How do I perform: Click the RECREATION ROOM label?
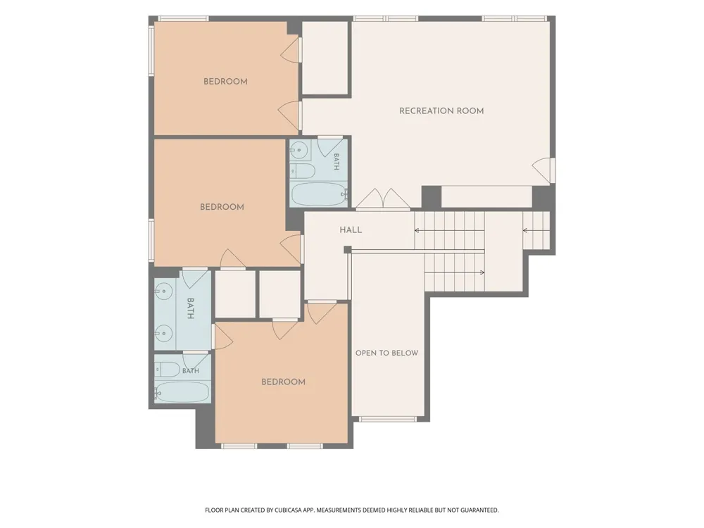pos(441,111)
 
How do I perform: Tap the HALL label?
pos(351,230)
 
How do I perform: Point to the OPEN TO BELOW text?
pos(386,353)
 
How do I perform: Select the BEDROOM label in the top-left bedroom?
pos(225,81)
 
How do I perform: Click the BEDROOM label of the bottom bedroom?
pos(283,382)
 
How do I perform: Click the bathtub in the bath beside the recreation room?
pos(319,194)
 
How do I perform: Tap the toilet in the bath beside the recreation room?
pos(303,170)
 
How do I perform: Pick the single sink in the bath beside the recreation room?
pos(300,150)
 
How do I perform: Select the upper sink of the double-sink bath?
pos(163,291)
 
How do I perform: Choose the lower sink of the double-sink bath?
pos(163,333)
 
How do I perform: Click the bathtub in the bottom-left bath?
pos(182,392)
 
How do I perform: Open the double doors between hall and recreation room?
pos(383,199)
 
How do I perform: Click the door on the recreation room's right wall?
pos(543,170)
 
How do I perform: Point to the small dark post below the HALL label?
pos(348,250)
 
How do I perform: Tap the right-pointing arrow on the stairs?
pos(454,272)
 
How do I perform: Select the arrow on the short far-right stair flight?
pos(536,231)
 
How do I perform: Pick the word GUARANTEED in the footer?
pos(480,510)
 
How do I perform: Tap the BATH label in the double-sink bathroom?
pos(190,308)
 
